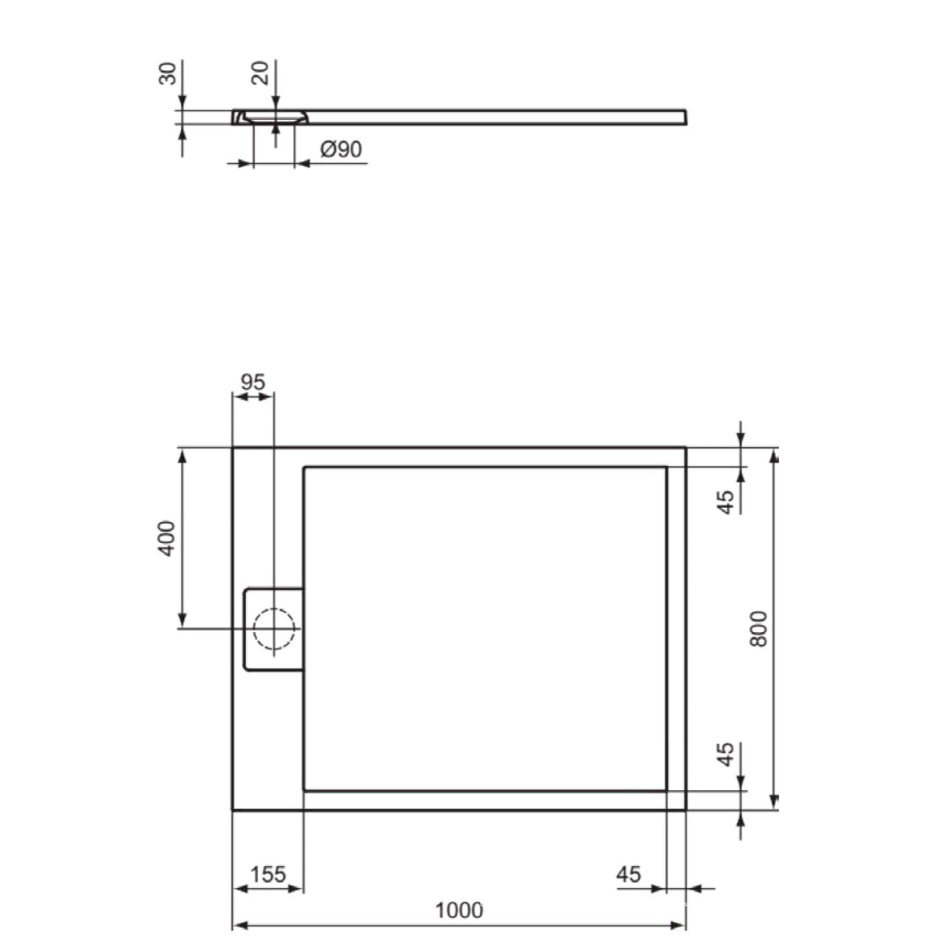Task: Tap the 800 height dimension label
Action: [759, 629]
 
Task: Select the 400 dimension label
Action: [167, 538]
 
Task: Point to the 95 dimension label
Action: [252, 382]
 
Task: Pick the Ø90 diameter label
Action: [341, 150]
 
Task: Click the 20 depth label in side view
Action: [260, 73]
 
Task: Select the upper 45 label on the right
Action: [726, 502]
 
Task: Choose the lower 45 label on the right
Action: [726, 754]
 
